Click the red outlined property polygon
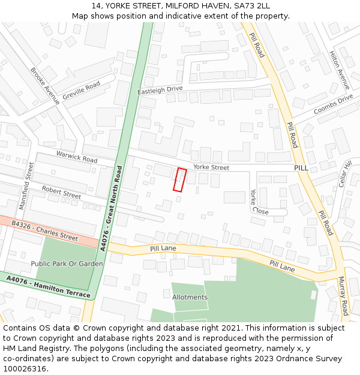pos(180,179)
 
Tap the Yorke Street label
pos(211,167)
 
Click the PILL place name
pos(301,168)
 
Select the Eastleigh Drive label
pos(160,89)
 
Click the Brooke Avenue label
pos(45,86)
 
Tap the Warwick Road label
pos(77,157)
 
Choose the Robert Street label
pos(61,192)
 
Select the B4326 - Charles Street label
pos(44,230)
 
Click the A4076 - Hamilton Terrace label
pos(49,287)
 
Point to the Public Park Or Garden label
pos(67,263)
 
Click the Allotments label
pos(190,297)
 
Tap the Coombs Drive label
pos(333,104)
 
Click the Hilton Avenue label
pos(339,70)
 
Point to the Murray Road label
pos(343,296)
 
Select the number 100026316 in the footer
pos(25,369)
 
